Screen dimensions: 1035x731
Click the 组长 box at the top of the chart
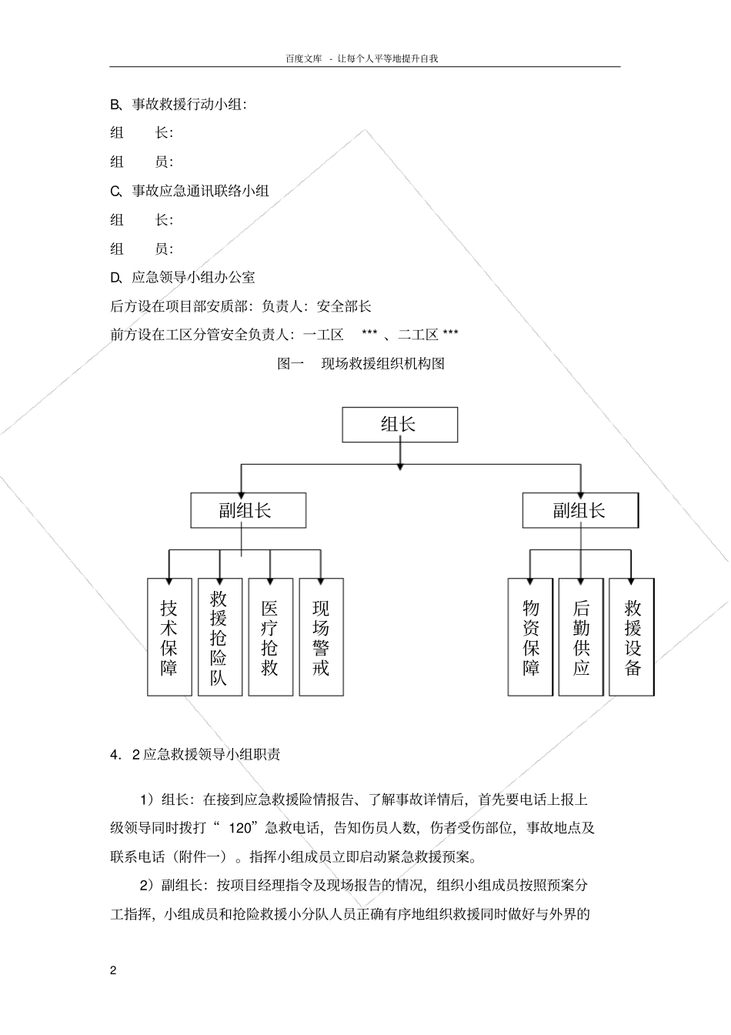399,425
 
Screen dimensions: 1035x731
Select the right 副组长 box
579,510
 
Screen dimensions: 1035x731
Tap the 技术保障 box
169,637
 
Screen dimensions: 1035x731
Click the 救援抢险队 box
220,637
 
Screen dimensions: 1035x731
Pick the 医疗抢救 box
270,637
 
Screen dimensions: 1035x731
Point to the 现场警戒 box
321,637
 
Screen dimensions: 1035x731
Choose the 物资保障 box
530,637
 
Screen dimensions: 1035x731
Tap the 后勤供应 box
581,637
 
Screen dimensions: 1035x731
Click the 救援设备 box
632,637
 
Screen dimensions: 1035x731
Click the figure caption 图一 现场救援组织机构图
361,363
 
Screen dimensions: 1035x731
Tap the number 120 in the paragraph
242,828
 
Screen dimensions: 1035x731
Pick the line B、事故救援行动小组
179,104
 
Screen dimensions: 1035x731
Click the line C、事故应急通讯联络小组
190,190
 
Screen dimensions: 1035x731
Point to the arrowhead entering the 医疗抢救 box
270,575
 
